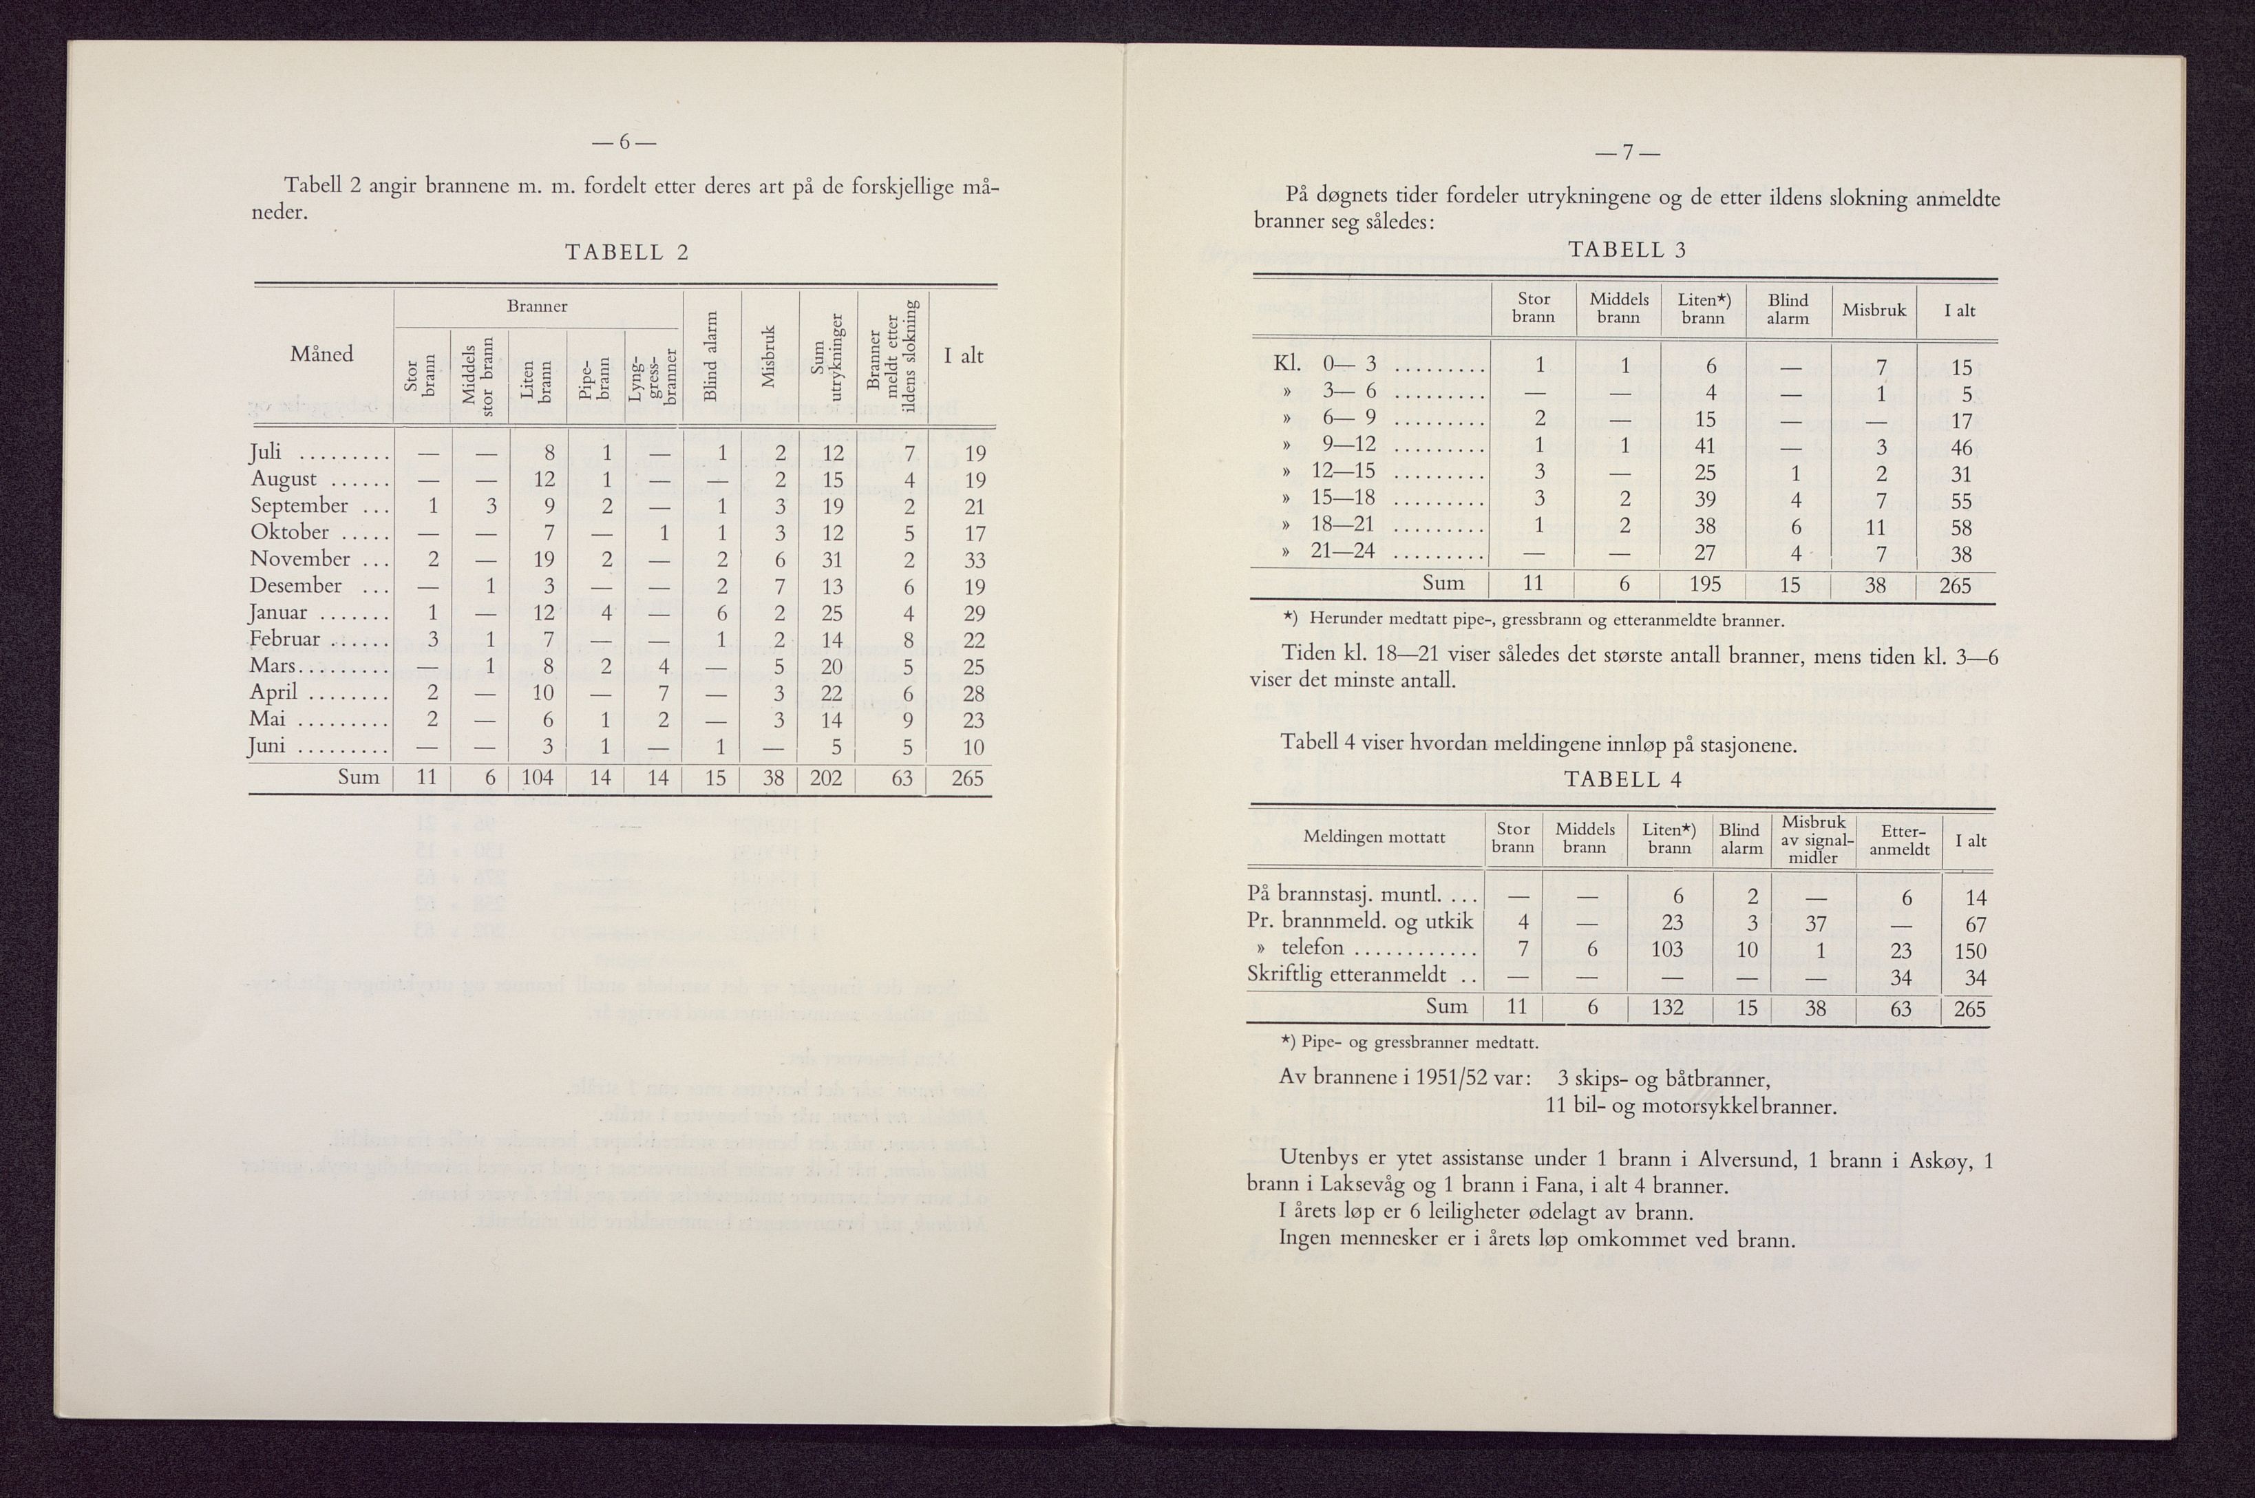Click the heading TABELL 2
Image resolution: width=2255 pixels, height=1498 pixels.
[626, 252]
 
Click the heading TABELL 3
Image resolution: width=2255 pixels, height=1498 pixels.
[1627, 249]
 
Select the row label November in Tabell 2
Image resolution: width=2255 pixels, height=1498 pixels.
[300, 559]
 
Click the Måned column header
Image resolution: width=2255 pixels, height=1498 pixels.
[322, 355]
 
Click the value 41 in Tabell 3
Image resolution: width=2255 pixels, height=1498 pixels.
[1705, 445]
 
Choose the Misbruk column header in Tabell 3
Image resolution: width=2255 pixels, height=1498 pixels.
[1874, 310]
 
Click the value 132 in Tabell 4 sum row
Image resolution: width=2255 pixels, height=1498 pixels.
[1669, 1008]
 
